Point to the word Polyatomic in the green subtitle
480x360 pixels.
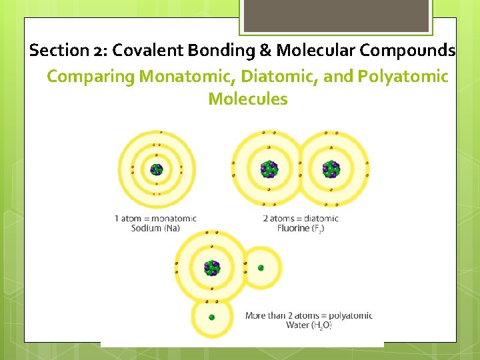pyautogui.click(x=403, y=77)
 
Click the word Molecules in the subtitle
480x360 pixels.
pyautogui.click(x=248, y=100)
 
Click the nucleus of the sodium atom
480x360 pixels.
pyautogui.click(x=157, y=169)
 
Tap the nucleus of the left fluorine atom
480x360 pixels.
pyautogui.click(x=269, y=169)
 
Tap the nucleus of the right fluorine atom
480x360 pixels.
pyautogui.click(x=331, y=169)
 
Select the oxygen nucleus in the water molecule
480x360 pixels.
pyautogui.click(x=212, y=268)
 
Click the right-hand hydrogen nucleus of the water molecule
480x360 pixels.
pyautogui.click(x=261, y=268)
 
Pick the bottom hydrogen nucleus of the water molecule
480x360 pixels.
pyautogui.click(x=212, y=317)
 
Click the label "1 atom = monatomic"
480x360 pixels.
pyautogui.click(x=155, y=218)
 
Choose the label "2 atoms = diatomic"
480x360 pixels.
pyautogui.click(x=301, y=218)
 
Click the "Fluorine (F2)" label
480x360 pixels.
pyautogui.click(x=301, y=228)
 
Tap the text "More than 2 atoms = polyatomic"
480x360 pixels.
pyautogui.click(x=309, y=315)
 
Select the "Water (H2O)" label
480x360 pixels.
pyautogui.click(x=309, y=325)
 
